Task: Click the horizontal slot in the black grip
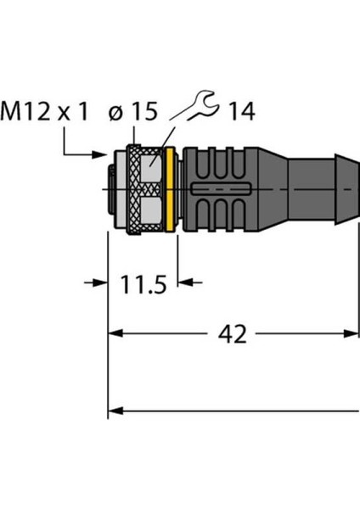(217, 187)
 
